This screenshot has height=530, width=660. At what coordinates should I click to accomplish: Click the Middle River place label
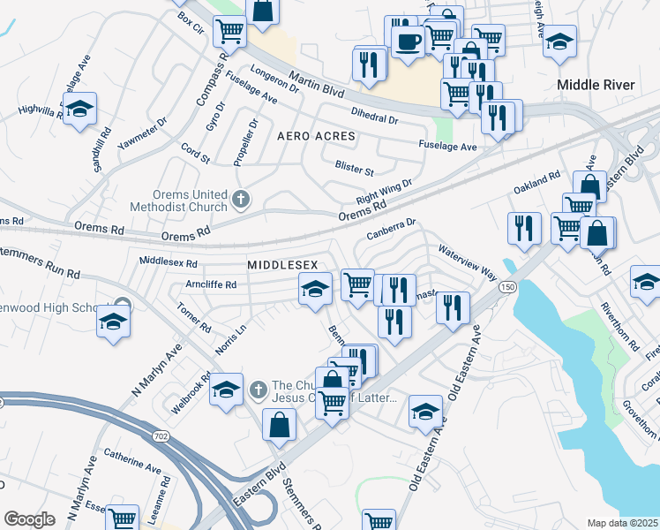pyautogui.click(x=596, y=85)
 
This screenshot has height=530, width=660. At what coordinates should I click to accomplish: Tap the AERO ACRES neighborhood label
pyautogui.click(x=316, y=137)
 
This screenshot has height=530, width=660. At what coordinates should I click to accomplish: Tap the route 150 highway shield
pyautogui.click(x=506, y=287)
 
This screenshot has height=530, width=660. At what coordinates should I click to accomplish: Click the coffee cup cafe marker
pyautogui.click(x=407, y=42)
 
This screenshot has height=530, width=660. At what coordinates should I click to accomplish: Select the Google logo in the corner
pyautogui.click(x=29, y=519)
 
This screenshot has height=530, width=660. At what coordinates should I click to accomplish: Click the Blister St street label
pyautogui.click(x=355, y=167)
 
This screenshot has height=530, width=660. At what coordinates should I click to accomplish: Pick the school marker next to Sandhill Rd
pyautogui.click(x=79, y=110)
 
